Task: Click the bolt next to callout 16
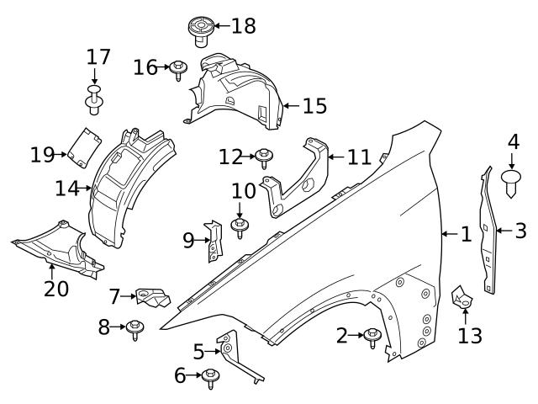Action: tap(178, 68)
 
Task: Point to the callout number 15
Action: tap(314, 106)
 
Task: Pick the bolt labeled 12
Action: tap(264, 156)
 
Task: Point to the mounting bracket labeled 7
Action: tap(151, 297)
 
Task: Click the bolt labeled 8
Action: tap(134, 329)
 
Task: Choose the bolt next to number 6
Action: tap(210, 377)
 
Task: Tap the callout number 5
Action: tap(198, 352)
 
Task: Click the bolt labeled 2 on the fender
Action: tap(372, 337)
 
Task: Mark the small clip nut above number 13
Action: tap(463, 297)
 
